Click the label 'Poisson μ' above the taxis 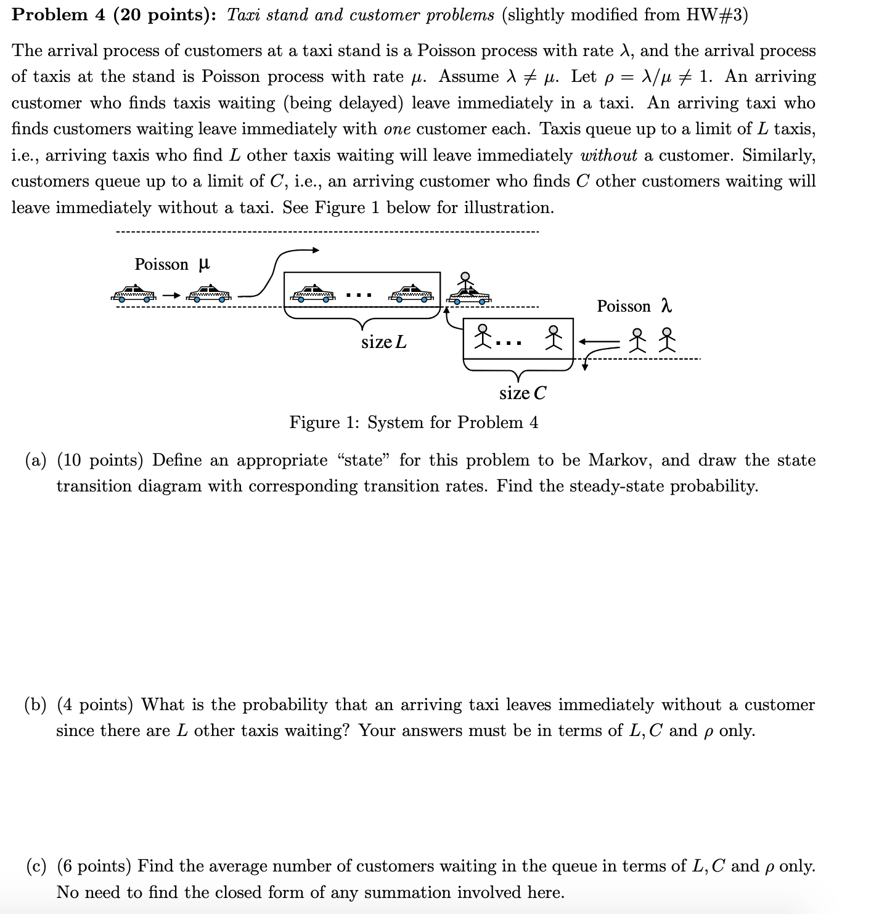pyautogui.click(x=172, y=264)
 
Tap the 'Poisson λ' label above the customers pyautogui.click(x=634, y=306)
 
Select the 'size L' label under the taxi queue pyautogui.click(x=383, y=342)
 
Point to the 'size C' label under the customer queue pyautogui.click(x=522, y=393)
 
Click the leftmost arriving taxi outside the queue pyautogui.click(x=133, y=294)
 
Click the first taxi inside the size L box pyautogui.click(x=313, y=293)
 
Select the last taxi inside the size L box pyautogui.click(x=411, y=293)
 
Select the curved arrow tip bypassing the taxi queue pyautogui.click(x=315, y=250)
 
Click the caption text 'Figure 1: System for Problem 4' pyautogui.click(x=414, y=423)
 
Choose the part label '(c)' pyautogui.click(x=36, y=866)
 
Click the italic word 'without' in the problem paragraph pyautogui.click(x=608, y=155)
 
